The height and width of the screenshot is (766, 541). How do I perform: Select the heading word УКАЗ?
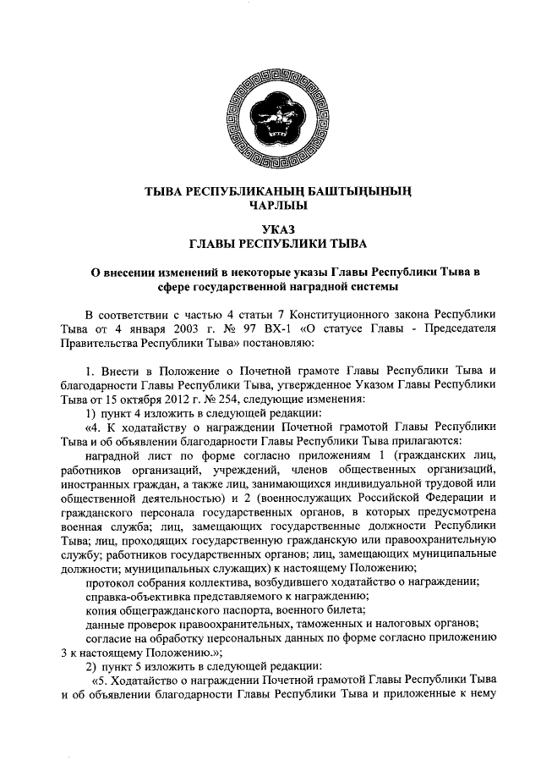coord(270,229)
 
